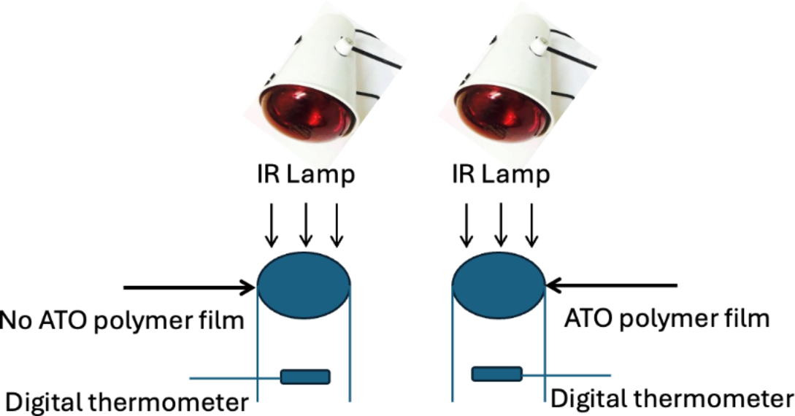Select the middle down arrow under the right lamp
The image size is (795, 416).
click(501, 224)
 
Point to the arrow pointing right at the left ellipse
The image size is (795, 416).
click(190, 288)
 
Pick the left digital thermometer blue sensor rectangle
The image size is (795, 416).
click(305, 377)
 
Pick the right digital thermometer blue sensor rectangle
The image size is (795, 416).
click(496, 374)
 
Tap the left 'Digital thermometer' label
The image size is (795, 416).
click(127, 401)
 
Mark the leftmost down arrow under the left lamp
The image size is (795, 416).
click(271, 224)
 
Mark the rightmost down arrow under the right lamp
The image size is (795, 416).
click(532, 224)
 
